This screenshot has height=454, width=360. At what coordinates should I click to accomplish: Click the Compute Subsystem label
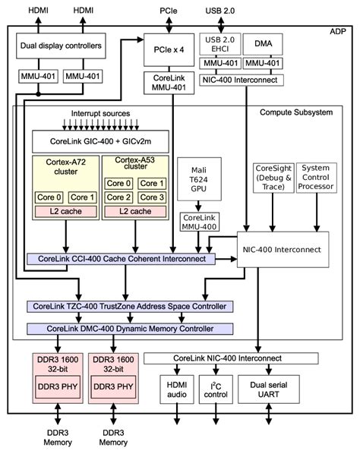(x=295, y=112)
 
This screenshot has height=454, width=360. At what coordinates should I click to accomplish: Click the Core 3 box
(x=150, y=197)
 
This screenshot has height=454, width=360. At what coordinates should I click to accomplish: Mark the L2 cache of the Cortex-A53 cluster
(x=132, y=212)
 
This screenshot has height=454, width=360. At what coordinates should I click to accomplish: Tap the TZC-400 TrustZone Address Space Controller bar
(x=128, y=306)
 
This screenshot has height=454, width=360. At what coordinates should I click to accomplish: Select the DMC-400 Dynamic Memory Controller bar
(x=128, y=329)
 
